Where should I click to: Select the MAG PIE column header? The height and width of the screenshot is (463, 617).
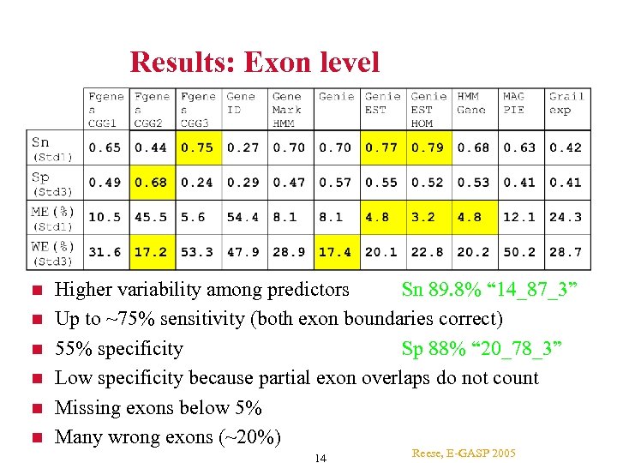[x=514, y=103]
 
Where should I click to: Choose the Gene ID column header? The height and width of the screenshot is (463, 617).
[x=241, y=103]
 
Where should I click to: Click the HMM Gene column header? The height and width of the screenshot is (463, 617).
[x=471, y=103]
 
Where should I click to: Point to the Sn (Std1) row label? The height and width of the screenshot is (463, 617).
[x=52, y=148]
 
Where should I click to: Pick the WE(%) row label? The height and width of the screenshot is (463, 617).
[x=52, y=252]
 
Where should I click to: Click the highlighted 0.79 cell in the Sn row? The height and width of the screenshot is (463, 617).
[x=427, y=147]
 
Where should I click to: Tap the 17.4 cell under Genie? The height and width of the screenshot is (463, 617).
[x=334, y=252]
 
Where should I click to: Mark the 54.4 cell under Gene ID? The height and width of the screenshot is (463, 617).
[x=243, y=217]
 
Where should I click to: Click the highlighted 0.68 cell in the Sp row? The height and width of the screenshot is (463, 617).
[x=151, y=182]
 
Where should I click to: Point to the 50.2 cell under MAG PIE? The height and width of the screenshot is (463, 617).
[x=519, y=252]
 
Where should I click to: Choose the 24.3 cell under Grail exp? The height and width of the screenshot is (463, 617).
[x=566, y=217]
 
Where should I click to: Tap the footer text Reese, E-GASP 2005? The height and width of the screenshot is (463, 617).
[x=464, y=452]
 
